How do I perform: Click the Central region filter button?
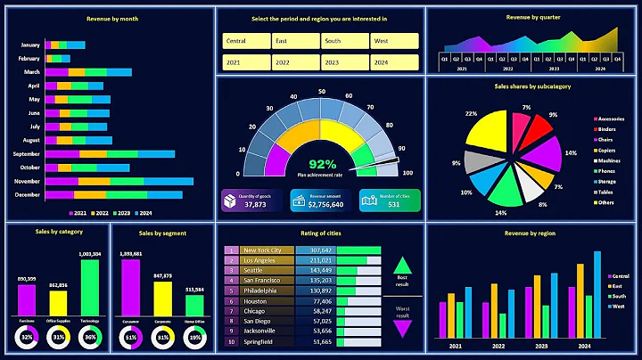pyautogui.click(x=245, y=42)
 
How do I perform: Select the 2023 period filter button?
pyautogui.click(x=343, y=63)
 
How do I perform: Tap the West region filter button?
pyautogui.click(x=393, y=42)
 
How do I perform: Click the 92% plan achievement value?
pyautogui.click(x=322, y=164)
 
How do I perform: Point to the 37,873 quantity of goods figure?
pyautogui.click(x=256, y=204)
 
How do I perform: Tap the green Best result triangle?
pyautogui.click(x=403, y=265)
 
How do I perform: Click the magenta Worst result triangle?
pyautogui.click(x=403, y=328)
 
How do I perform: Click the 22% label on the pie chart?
pyautogui.click(x=471, y=114)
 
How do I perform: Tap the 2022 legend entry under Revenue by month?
pyautogui.click(x=99, y=214)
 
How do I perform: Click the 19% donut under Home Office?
pyautogui.click(x=193, y=338)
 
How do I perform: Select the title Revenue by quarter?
pyautogui.click(x=532, y=17)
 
